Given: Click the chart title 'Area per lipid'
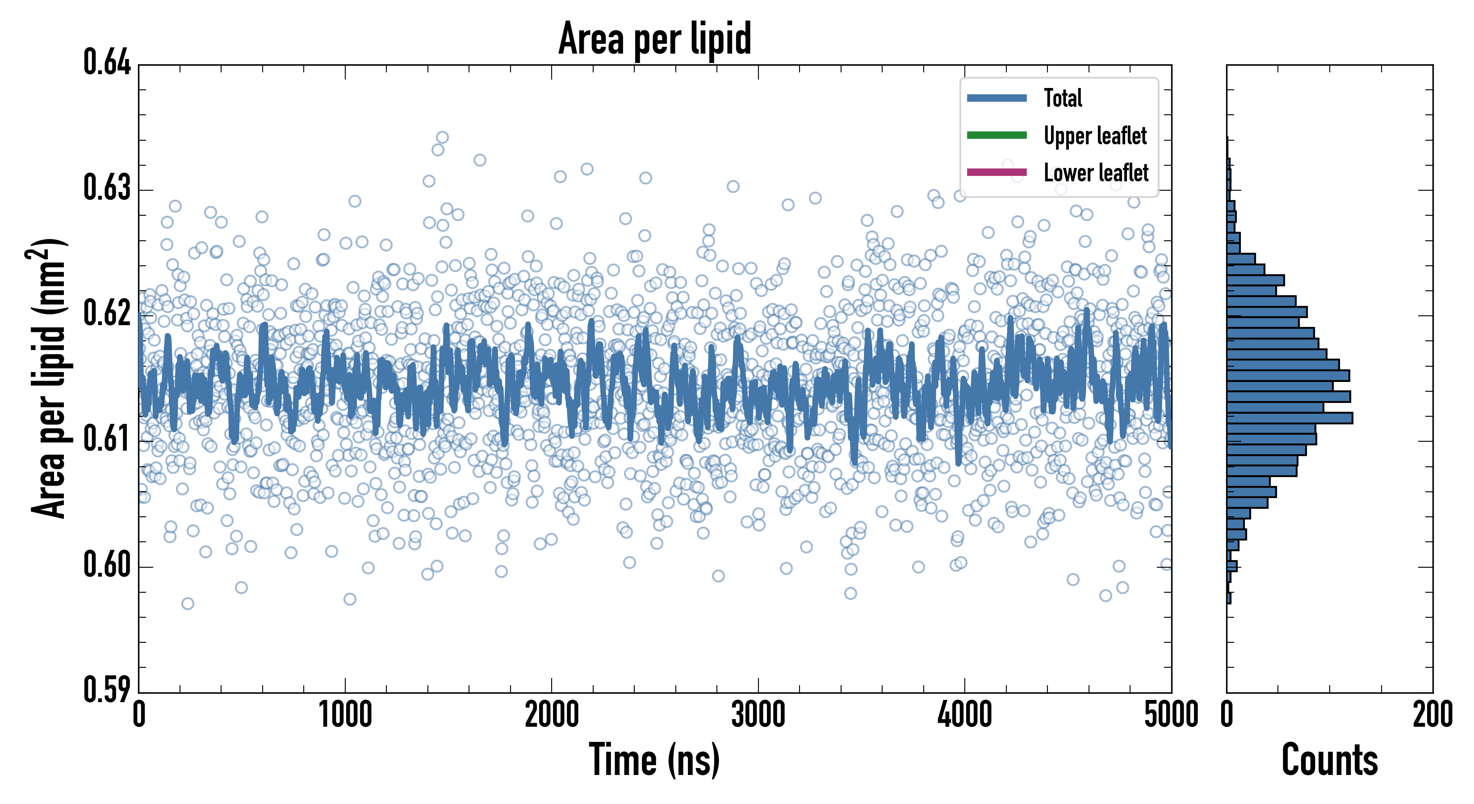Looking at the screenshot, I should [x=655, y=38].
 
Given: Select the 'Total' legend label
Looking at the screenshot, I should [x=1063, y=98].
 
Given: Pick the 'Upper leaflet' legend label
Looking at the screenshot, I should [x=1095, y=136].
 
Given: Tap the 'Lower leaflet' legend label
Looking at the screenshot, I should [x=1096, y=172].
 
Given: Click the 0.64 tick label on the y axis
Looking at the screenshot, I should [x=107, y=63].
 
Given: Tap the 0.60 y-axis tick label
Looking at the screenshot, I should [x=107, y=565].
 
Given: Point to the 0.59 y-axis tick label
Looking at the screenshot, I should [x=107, y=690].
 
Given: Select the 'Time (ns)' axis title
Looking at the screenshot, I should [x=655, y=760].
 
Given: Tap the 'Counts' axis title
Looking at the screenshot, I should [x=1329, y=760].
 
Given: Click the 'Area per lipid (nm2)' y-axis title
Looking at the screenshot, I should [x=49, y=378].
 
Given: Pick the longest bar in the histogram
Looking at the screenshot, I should [x=1289, y=418].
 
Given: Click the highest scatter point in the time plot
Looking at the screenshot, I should [x=442, y=137].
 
